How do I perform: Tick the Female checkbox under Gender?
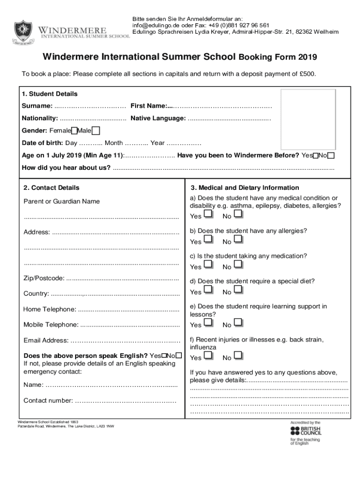point(74,131)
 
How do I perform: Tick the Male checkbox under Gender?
point(95,131)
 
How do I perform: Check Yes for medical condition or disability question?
point(209,215)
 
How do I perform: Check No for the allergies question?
point(238,240)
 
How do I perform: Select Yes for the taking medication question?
point(209,265)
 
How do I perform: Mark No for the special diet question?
point(238,290)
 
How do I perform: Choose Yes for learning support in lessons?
point(209,323)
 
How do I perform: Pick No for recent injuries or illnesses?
point(238,356)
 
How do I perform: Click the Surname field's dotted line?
point(90,106)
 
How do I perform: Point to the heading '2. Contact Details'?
point(51,188)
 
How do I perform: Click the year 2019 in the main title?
point(306,58)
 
